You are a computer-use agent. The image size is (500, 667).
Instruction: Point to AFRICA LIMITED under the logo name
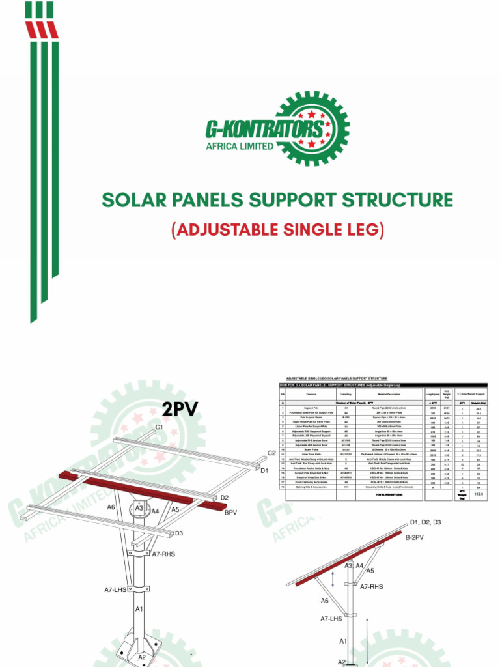coord(240,146)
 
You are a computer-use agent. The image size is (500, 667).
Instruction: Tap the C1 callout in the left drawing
coord(159,427)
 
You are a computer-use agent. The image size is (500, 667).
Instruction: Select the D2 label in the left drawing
coord(224,498)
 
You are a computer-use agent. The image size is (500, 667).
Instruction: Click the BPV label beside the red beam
coord(231,513)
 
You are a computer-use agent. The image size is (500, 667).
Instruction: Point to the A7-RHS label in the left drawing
coord(164,554)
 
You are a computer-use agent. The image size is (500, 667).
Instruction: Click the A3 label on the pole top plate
coord(139,508)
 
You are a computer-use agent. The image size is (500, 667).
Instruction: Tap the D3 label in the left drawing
coord(178,533)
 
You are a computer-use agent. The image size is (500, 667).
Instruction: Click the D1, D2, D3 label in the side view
coord(426,522)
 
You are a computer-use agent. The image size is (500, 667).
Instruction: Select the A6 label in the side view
coord(324,601)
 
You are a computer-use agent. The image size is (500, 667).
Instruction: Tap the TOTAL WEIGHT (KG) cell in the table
coord(380,495)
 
